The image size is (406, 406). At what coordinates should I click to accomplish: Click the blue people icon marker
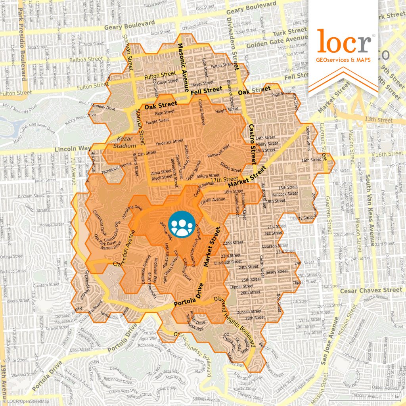click(x=182, y=225)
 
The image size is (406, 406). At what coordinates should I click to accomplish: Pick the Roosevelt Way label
click(x=218, y=152)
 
